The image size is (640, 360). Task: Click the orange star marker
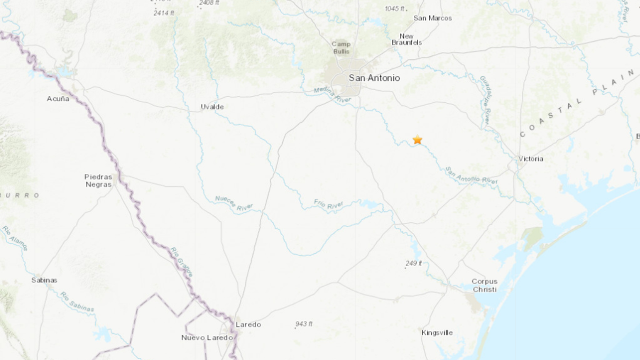(417, 140)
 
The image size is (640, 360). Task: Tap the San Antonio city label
(374, 78)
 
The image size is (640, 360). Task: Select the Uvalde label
(212, 107)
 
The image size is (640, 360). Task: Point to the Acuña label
(58, 99)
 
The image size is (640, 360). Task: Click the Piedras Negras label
(98, 180)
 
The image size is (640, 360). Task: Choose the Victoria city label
(530, 159)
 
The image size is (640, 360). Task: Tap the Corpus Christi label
(484, 285)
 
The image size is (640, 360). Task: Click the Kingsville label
(437, 332)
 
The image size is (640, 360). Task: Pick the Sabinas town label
(44, 280)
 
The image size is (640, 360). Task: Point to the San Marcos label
(432, 18)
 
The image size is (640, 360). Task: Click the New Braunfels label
(406, 39)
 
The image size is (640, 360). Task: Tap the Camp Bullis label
(341, 47)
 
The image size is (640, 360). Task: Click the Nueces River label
(234, 203)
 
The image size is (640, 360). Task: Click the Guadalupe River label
(485, 100)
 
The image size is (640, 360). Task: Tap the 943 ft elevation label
(303, 324)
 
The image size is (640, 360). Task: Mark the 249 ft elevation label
(413, 263)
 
